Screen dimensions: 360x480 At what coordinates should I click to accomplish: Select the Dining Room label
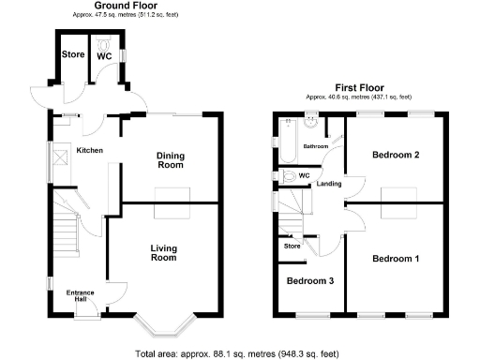[x=169, y=160]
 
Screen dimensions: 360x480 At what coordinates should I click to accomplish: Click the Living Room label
[x=164, y=252]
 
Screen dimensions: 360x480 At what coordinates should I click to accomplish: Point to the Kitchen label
[x=89, y=150]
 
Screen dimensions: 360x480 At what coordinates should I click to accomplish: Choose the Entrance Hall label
[x=80, y=296]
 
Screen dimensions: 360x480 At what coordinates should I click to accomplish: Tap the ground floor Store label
[x=73, y=54]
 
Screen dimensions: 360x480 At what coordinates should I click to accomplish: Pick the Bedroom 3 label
[x=310, y=281]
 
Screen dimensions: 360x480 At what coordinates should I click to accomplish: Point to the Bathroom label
[x=315, y=146]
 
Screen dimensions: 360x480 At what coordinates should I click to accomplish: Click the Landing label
[x=329, y=184]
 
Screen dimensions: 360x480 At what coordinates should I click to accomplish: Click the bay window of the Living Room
[x=165, y=326]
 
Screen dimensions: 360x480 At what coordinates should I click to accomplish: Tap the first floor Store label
[x=292, y=247]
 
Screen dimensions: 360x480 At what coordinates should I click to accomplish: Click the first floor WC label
[x=303, y=175]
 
